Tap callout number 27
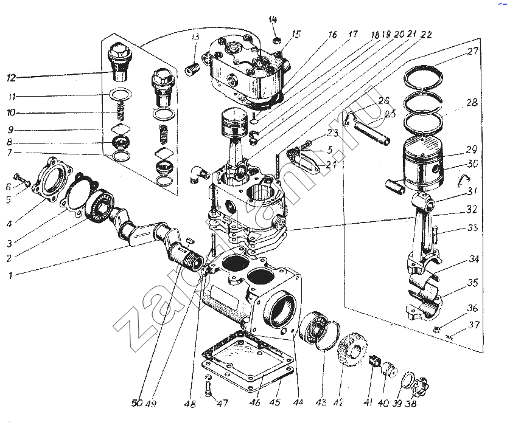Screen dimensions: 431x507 (x=474, y=52)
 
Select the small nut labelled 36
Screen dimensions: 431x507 (x=438, y=330)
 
